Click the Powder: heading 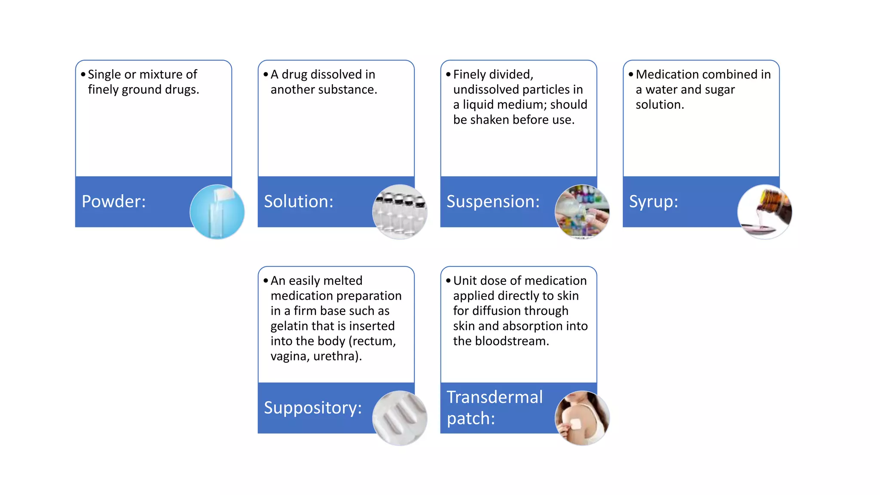pyautogui.click(x=113, y=202)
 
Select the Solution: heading pyautogui.click(x=298, y=202)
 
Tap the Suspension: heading pyautogui.click(x=492, y=202)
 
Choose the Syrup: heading pyautogui.click(x=653, y=202)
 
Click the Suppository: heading pyautogui.click(x=312, y=408)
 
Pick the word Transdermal pyautogui.click(x=494, y=397)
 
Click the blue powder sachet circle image pyautogui.click(x=217, y=212)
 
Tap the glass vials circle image pyautogui.click(x=400, y=212)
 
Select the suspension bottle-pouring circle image pyautogui.click(x=582, y=212)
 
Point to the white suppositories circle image pyautogui.click(x=400, y=418)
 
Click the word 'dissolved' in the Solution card pyautogui.click(x=336, y=75)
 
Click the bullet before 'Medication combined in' pyautogui.click(x=630, y=74)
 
